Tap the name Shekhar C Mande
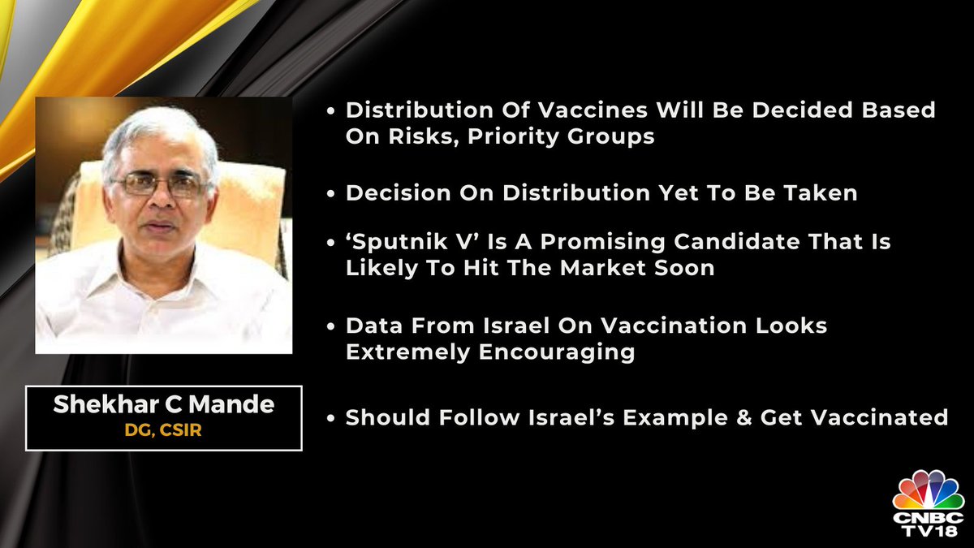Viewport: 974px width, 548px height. (x=163, y=404)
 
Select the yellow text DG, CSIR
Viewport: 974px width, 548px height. (x=163, y=430)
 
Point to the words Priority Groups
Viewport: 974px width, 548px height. (x=561, y=137)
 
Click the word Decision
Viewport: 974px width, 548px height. (x=399, y=192)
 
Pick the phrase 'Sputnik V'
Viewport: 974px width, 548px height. (x=412, y=242)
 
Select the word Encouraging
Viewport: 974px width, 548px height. (x=557, y=352)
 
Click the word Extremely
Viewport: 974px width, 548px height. (x=407, y=352)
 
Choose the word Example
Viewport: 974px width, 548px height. (x=675, y=418)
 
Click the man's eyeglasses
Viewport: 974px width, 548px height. (x=160, y=184)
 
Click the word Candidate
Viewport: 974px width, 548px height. (x=737, y=241)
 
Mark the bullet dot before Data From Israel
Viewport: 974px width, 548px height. (x=331, y=326)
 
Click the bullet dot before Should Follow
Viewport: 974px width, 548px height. (x=331, y=418)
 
